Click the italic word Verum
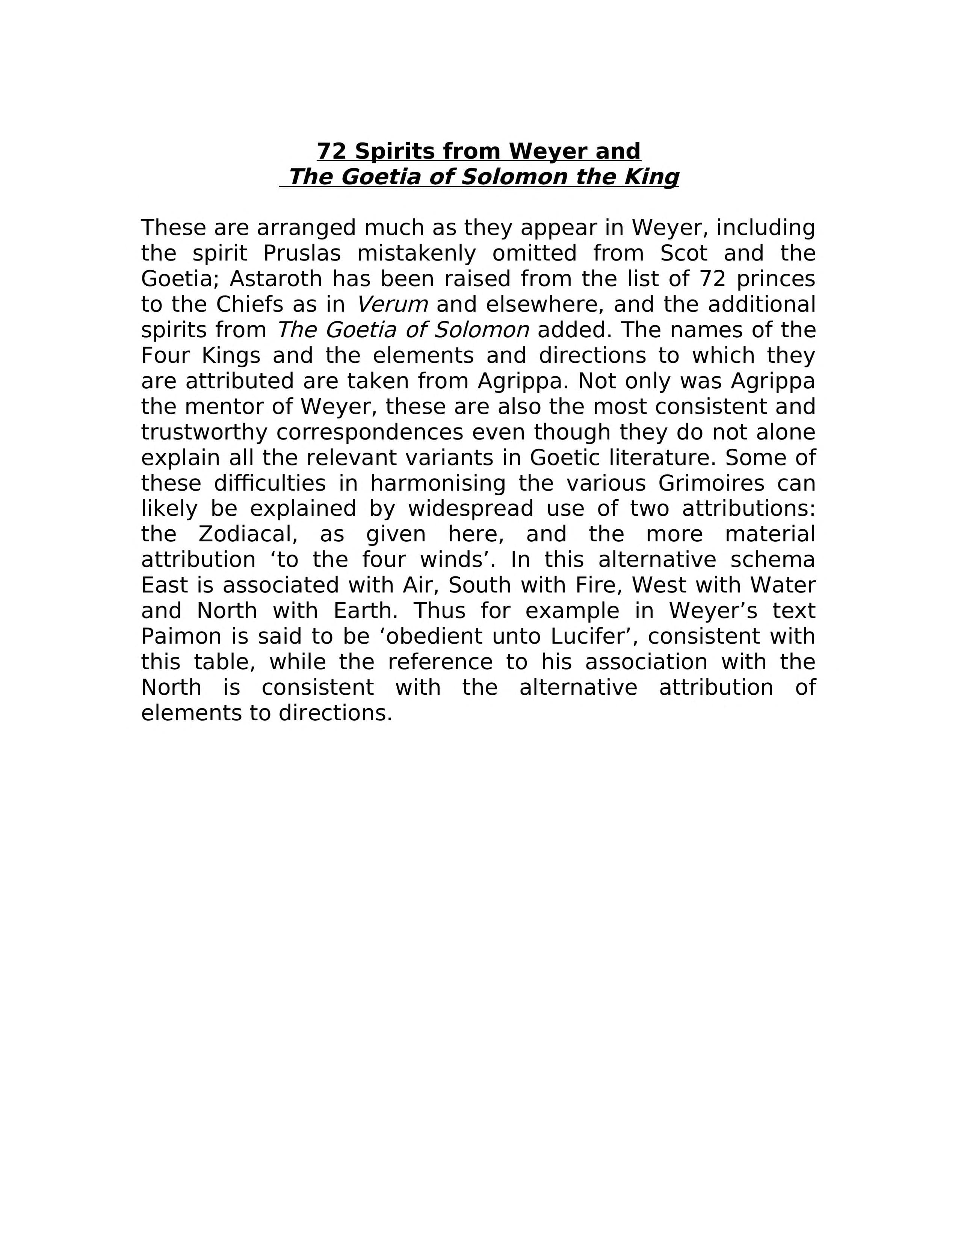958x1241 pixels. [392, 304]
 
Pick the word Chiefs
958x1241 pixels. [249, 304]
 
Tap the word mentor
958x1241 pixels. [239, 406]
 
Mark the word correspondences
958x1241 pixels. [370, 432]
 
